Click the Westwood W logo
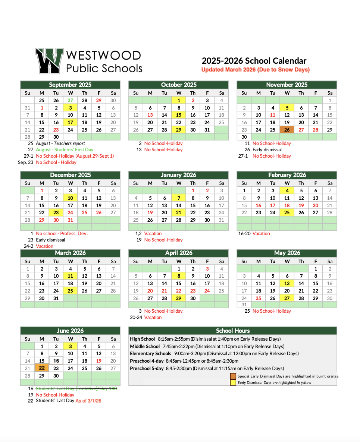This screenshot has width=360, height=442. click(x=48, y=60)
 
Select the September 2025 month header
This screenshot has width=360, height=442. click(x=70, y=85)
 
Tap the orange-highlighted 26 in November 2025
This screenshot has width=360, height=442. click(x=287, y=130)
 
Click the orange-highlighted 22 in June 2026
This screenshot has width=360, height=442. click(x=42, y=368)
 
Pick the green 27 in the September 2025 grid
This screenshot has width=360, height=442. click(x=70, y=100)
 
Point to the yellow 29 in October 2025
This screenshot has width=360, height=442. click(x=179, y=130)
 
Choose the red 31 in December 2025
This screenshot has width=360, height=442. click(x=70, y=220)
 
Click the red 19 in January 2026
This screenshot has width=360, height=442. click(x=150, y=212)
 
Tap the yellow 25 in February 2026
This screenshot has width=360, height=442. click(x=287, y=212)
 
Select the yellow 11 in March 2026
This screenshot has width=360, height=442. click(x=70, y=276)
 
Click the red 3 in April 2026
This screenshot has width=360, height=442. click(x=207, y=269)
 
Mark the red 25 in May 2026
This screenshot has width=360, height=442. click(x=258, y=298)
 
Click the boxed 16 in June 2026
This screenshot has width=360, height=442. click(x=56, y=361)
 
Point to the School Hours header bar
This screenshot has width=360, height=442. click(x=232, y=331)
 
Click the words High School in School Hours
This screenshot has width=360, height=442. click(x=142, y=339)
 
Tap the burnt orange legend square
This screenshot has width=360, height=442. click(x=233, y=376)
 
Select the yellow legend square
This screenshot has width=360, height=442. click(x=233, y=382)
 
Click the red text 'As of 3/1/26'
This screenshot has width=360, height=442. click(x=88, y=401)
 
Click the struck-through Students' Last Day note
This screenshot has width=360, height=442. click(x=76, y=388)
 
